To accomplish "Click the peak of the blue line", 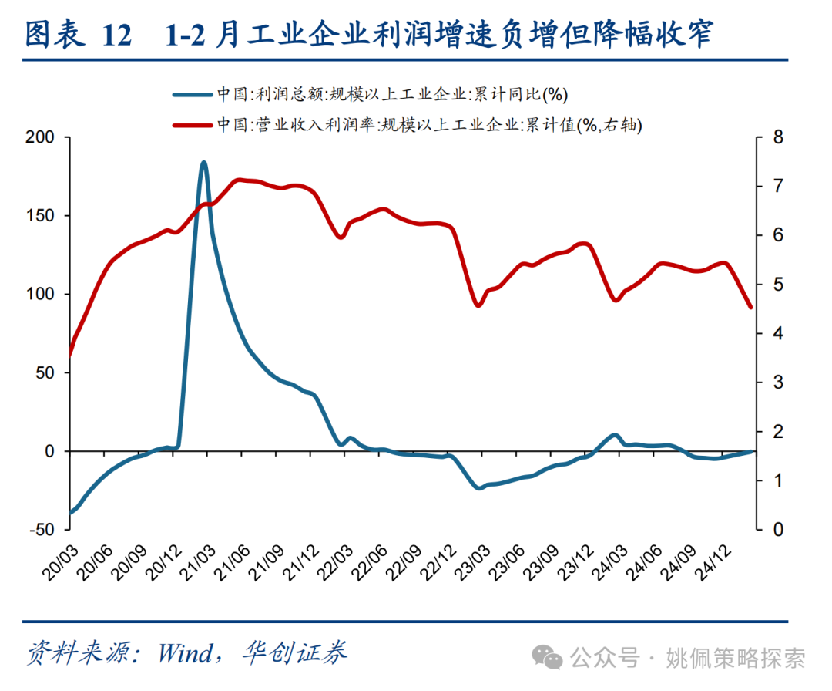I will pyautogui.click(x=203, y=163).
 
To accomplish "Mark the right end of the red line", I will pyautogui.click(x=751, y=307).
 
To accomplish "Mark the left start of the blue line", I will pyautogui.click(x=70, y=512).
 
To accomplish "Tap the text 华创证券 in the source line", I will pyautogui.click(x=293, y=653).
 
